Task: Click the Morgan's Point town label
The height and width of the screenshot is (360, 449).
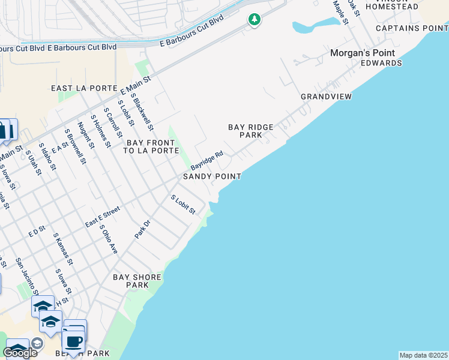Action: click(x=361, y=53)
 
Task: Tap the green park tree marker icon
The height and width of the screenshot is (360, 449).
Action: click(x=255, y=20)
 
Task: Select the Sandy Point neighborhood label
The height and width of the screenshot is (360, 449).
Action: click(x=212, y=176)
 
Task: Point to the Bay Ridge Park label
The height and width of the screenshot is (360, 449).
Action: click(x=251, y=131)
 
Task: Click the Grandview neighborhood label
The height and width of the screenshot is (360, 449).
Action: click(x=326, y=97)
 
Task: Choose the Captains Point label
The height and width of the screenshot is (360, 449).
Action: click(x=412, y=28)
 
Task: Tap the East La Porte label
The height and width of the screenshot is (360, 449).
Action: click(x=84, y=88)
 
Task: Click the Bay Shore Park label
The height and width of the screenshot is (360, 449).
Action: click(x=137, y=281)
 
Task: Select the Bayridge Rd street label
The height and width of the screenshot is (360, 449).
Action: click(x=206, y=160)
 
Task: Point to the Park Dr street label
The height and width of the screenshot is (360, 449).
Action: click(x=142, y=230)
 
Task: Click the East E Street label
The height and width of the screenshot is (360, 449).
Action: click(x=103, y=217)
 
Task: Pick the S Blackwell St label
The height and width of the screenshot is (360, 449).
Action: click(x=142, y=113)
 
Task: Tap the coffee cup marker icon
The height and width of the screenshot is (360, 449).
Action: click(x=74, y=343)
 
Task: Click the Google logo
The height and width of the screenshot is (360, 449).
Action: click(x=20, y=353)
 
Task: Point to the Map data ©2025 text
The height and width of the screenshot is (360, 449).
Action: click(x=424, y=355)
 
